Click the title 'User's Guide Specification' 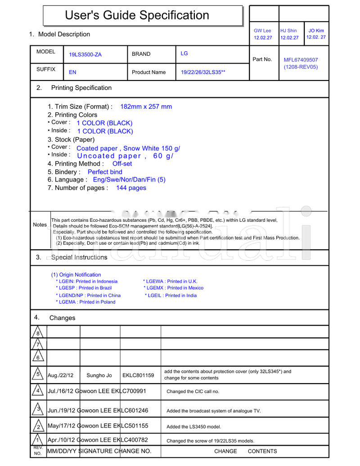tap(137, 15)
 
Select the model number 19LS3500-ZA tap(85, 55)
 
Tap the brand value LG tap(184, 54)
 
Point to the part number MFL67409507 tap(301, 60)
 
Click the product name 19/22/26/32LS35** tap(203, 72)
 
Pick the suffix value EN tap(72, 72)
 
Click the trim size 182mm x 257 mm tap(146, 107)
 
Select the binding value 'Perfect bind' tap(105, 172)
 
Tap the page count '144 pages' tap(131, 188)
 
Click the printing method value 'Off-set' tap(122, 164)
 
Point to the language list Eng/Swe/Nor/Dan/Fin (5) tap(129, 180)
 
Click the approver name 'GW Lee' tap(263, 31)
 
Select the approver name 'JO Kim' tap(316, 31)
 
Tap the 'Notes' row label tap(40, 225)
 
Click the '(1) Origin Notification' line tap(76, 275)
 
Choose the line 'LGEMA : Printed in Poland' tap(85, 302)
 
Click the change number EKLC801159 tap(138, 375)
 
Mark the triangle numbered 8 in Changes tap(38, 333)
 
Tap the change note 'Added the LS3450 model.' tap(193, 427)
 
